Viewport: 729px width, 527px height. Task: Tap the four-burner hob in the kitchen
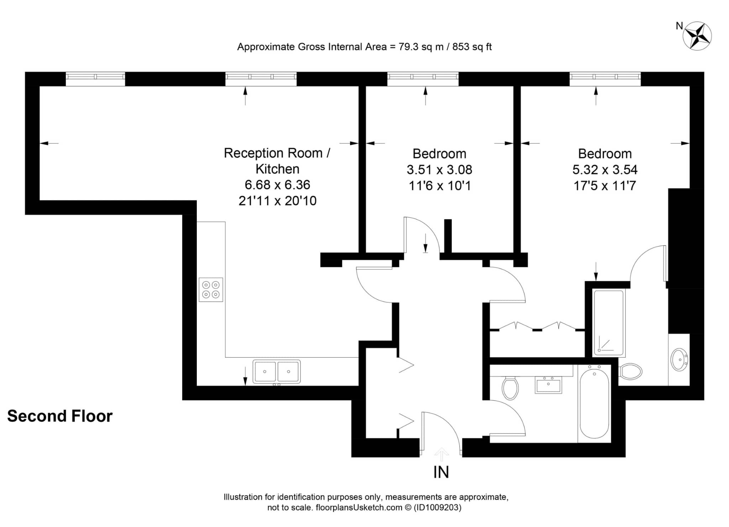click(x=211, y=290)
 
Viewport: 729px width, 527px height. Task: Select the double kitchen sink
click(x=277, y=372)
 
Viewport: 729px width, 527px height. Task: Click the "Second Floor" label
click(x=60, y=416)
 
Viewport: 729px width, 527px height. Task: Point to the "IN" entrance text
click(x=441, y=472)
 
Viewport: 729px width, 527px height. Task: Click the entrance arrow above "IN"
click(x=441, y=454)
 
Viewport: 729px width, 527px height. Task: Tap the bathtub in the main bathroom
click(x=594, y=404)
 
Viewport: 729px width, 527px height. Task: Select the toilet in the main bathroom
click(x=510, y=388)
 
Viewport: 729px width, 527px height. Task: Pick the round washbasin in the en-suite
click(x=679, y=360)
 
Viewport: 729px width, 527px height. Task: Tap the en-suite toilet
click(x=630, y=371)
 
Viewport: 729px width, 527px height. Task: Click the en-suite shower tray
click(x=609, y=323)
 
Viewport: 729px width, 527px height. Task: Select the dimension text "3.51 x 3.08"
click(x=439, y=170)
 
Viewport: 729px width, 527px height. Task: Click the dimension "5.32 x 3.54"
click(x=605, y=170)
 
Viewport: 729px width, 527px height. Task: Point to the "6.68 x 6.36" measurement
click(x=277, y=185)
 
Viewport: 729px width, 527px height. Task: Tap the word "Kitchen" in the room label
click(x=277, y=169)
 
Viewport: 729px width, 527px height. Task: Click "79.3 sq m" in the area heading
click(x=421, y=47)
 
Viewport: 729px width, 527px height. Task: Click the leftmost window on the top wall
click(x=95, y=79)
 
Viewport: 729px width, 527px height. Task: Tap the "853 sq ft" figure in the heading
click(x=472, y=47)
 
